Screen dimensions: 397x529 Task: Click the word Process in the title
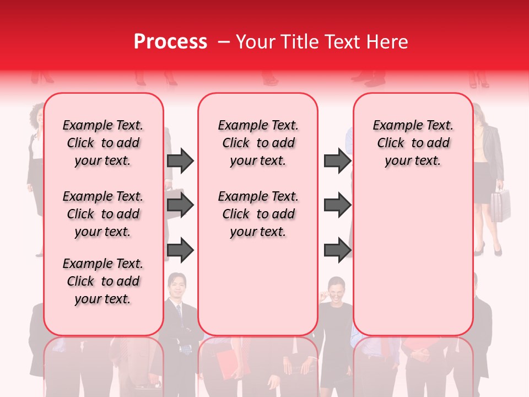click(170, 42)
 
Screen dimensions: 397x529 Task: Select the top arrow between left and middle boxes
click(180, 160)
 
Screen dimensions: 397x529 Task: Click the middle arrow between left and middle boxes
click(180, 205)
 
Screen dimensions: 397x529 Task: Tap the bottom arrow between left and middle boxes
click(180, 250)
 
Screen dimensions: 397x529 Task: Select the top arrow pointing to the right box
click(337, 160)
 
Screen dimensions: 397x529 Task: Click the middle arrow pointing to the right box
click(337, 205)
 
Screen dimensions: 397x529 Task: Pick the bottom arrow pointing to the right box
click(337, 250)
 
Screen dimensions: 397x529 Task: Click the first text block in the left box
click(103, 143)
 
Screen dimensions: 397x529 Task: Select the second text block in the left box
click(103, 214)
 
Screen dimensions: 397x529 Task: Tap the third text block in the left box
click(103, 281)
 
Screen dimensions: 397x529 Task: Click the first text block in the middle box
click(258, 143)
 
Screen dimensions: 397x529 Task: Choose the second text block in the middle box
click(258, 214)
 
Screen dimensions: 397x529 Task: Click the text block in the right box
click(413, 143)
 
